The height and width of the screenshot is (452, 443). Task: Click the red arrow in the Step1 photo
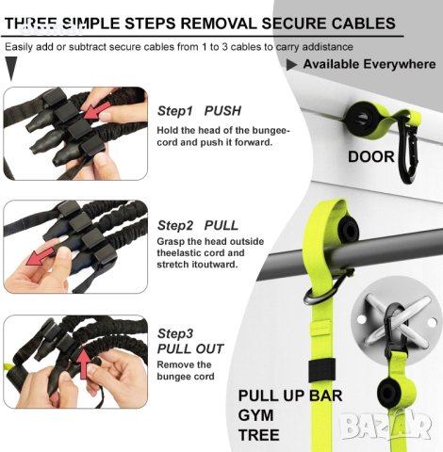[x=97, y=110]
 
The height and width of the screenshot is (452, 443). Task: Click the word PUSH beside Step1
[x=222, y=111]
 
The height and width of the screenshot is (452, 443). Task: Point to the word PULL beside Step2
[x=221, y=225]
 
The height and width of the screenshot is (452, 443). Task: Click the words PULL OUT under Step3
[x=190, y=348]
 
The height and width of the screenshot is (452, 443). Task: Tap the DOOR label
[x=371, y=156]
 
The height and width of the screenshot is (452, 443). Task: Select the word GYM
[x=255, y=415]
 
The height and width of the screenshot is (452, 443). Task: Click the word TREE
[x=259, y=435]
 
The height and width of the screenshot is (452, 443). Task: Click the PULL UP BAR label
[x=290, y=395]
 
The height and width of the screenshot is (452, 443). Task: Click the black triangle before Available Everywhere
[x=291, y=64]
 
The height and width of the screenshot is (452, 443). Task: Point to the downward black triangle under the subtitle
[x=11, y=69]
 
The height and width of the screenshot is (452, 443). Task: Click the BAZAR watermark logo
[x=386, y=427]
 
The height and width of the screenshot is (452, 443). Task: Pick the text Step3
[x=175, y=333]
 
